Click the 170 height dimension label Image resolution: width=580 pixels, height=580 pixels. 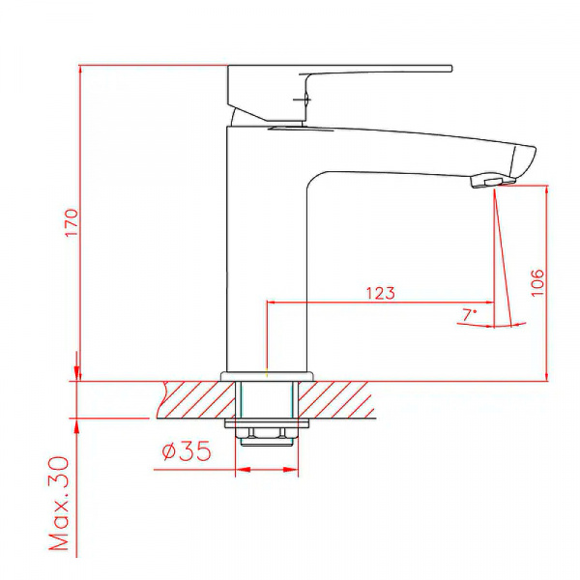pyautogui.click(x=72, y=223)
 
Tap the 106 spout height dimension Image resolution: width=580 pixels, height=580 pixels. pyautogui.click(x=537, y=282)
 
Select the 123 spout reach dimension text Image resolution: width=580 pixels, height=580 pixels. pyautogui.click(x=381, y=293)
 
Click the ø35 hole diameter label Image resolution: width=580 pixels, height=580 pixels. pyautogui.click(x=187, y=450)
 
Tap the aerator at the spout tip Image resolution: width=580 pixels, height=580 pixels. pyautogui.click(x=493, y=182)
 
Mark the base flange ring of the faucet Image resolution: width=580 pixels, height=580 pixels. pyautogui.click(x=267, y=376)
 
